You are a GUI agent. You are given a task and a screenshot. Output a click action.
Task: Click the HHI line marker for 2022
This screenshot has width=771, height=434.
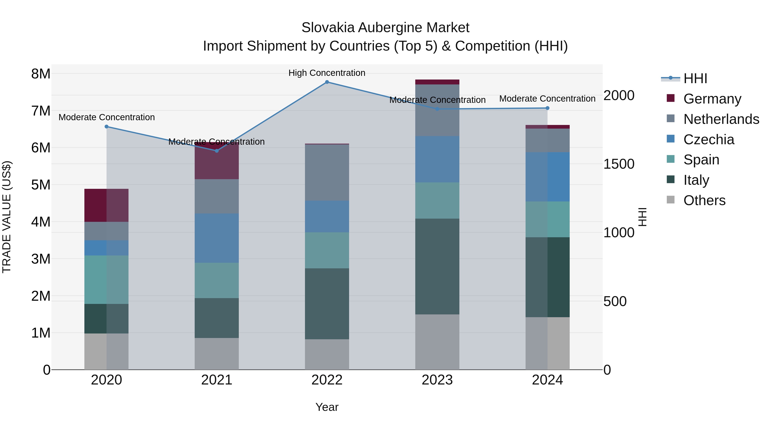click(x=327, y=82)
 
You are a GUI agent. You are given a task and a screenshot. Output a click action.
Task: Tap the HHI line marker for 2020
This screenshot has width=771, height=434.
click(x=107, y=127)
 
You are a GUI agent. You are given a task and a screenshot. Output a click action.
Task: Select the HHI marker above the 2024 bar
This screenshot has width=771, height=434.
click(x=547, y=108)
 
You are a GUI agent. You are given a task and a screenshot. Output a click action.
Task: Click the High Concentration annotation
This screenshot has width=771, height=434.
click(x=327, y=73)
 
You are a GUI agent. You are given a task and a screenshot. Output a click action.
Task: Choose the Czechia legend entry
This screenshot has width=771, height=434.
click(x=708, y=140)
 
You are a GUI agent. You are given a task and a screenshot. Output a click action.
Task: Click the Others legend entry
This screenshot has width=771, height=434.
click(x=704, y=200)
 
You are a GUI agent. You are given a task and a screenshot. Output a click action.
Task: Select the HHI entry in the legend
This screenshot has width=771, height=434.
click(x=695, y=78)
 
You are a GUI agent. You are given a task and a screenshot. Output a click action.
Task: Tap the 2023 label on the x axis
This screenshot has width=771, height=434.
click(x=437, y=380)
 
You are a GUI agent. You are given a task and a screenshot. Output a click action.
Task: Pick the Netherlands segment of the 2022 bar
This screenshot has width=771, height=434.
click(x=327, y=173)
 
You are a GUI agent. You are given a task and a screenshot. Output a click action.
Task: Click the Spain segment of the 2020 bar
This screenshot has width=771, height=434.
click(x=107, y=279)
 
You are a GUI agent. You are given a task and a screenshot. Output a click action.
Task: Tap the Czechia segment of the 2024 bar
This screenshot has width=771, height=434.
click(x=547, y=177)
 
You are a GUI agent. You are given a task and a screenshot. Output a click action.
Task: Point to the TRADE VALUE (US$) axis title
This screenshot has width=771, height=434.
click(x=7, y=217)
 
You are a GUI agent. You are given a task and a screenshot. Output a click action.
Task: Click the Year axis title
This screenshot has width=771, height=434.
click(x=327, y=407)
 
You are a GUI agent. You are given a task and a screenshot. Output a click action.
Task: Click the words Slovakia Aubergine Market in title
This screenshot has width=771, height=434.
click(x=385, y=28)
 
